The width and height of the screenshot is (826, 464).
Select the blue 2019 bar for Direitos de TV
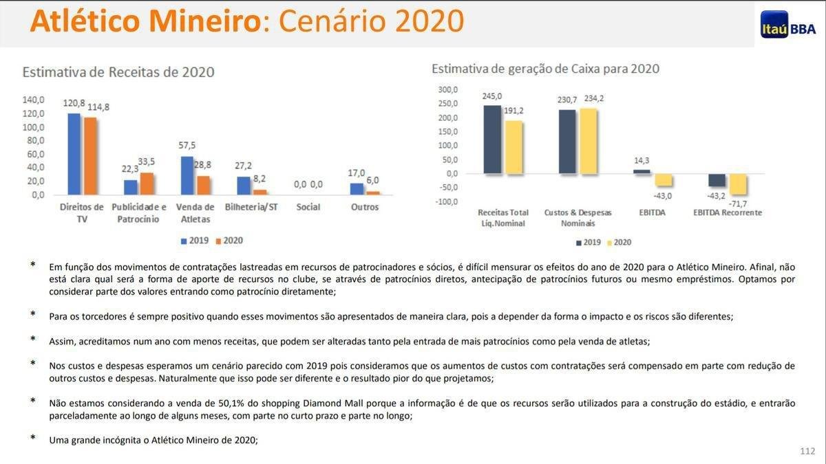[74, 154]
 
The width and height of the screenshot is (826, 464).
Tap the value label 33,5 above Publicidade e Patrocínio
[146, 162]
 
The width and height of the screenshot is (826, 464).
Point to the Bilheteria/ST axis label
[251, 207]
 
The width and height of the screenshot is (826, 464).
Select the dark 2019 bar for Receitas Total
[492, 140]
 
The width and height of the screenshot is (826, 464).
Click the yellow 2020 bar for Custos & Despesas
[588, 141]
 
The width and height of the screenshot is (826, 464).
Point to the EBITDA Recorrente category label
[728, 212]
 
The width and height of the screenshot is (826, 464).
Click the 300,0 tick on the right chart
[447, 90]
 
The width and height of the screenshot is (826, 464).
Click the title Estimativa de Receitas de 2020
[118, 72]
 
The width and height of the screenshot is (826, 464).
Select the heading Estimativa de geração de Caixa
[545, 69]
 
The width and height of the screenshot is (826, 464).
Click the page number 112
[807, 451]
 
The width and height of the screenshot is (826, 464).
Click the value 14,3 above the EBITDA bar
[642, 161]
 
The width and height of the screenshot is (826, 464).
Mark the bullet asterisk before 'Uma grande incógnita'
[32, 438]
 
